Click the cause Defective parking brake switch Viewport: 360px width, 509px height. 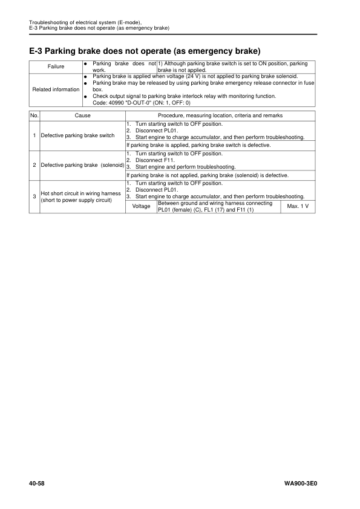pyautogui.click(x=77, y=135)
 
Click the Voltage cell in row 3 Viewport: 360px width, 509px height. pyautogui.click(x=141, y=206)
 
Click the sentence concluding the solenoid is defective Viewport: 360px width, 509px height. pyautogui.click(x=207, y=175)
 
